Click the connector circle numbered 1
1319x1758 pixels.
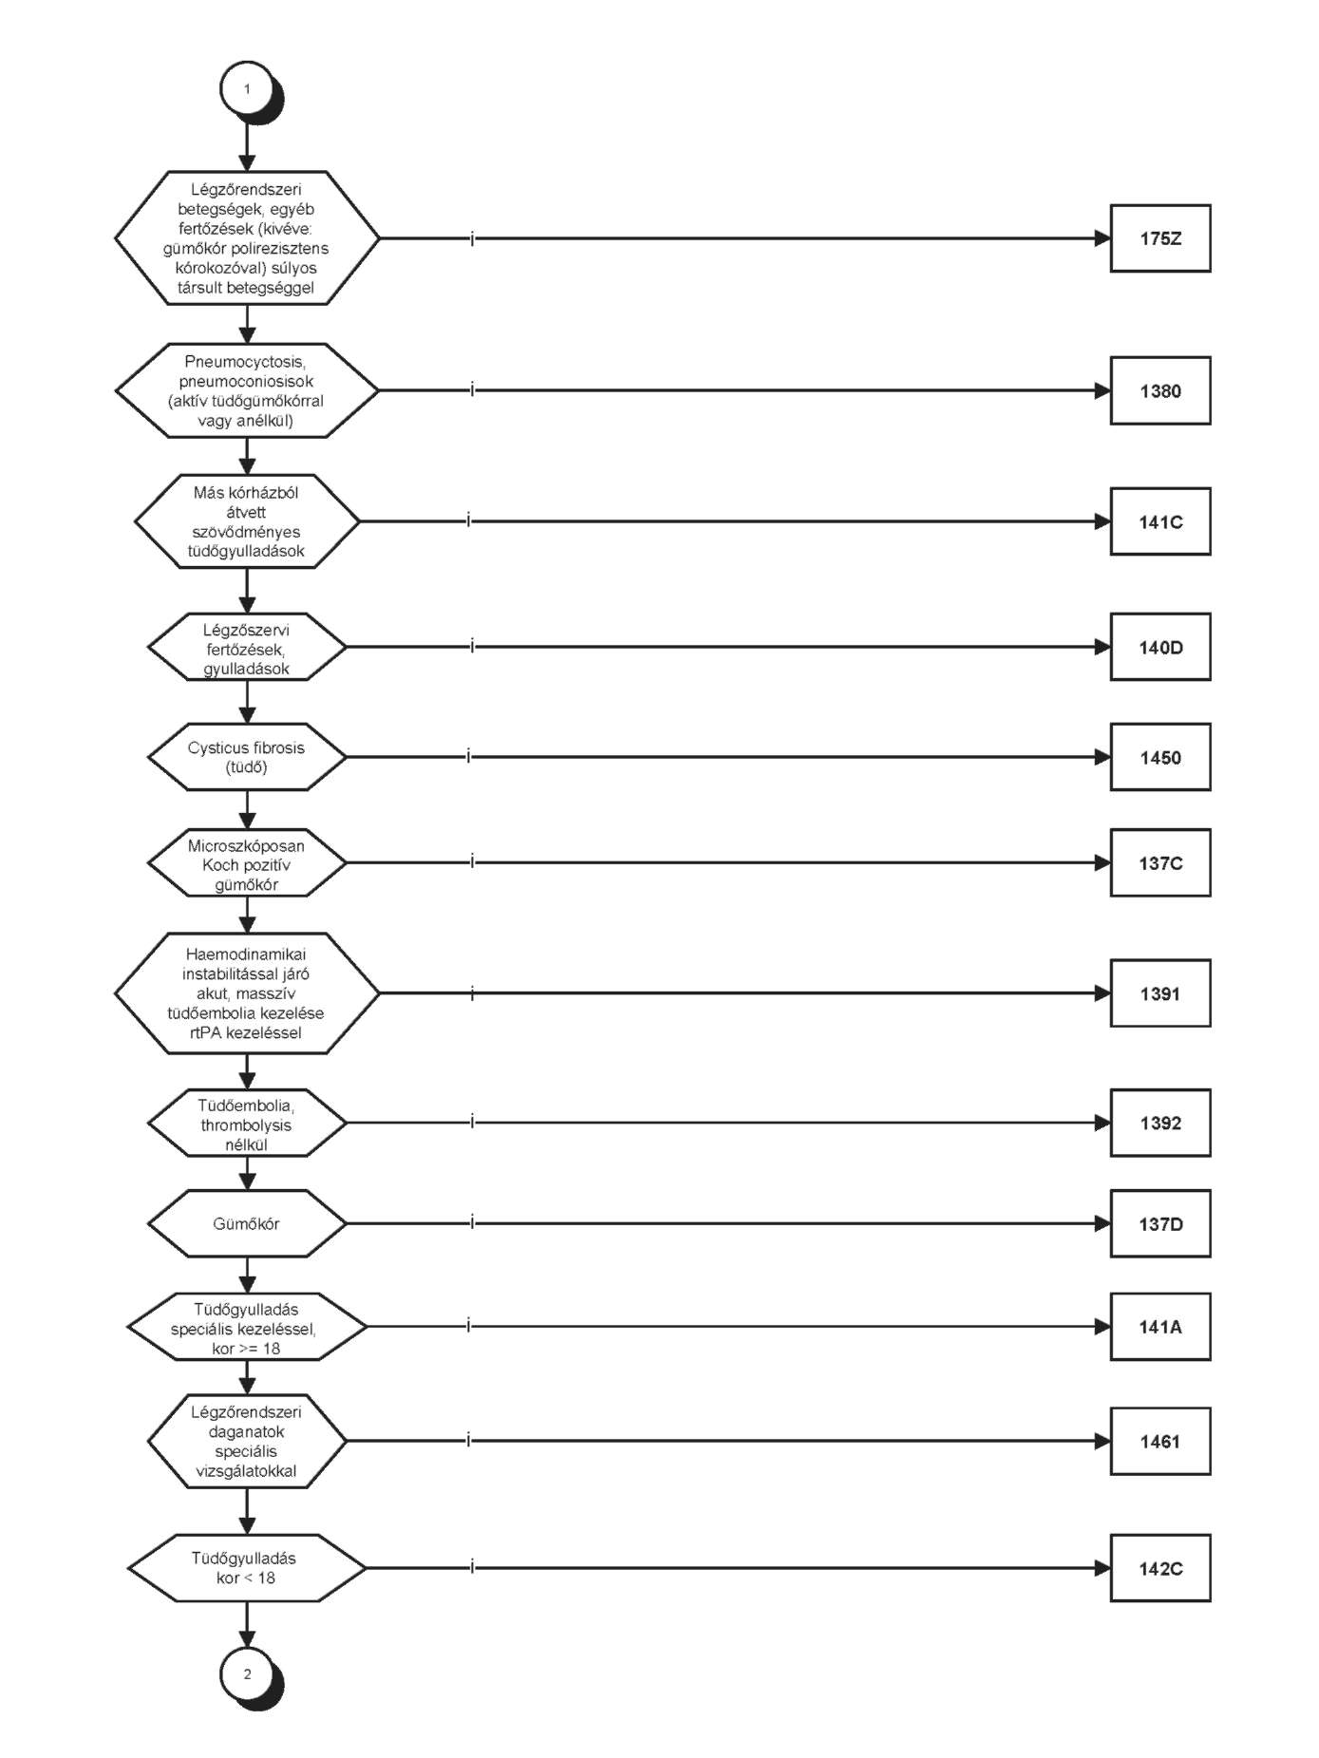247,89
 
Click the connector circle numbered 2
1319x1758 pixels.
247,1673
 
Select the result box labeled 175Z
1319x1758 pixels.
1160,238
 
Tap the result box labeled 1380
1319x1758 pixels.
1160,390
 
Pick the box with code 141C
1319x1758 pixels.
1160,521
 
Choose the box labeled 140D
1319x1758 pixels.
1160,647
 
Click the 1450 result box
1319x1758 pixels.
1160,757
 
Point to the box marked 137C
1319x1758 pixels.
1160,862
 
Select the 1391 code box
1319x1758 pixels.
1160,993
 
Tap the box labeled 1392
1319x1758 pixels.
1160,1123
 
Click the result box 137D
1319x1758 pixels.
1160,1223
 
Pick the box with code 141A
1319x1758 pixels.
1160,1327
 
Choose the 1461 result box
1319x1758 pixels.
1160,1441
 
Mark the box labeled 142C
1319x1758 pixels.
1160,1568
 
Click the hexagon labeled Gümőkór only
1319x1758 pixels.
247,1223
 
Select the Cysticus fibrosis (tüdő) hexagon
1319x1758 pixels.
247,757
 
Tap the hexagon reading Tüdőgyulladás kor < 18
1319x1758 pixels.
247,1568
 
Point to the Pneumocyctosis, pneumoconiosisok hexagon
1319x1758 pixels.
247,390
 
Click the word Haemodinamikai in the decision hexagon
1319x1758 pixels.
246,954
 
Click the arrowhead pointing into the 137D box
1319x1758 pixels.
1102,1223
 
